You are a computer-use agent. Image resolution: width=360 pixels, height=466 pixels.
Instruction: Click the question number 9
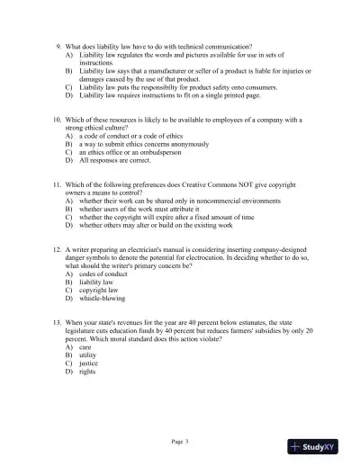click(x=58, y=45)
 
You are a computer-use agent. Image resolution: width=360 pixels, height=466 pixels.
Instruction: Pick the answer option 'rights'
click(x=90, y=370)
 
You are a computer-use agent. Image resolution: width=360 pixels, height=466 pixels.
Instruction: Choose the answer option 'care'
click(x=88, y=345)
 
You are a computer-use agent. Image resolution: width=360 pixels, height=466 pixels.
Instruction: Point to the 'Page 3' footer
click(x=180, y=441)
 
